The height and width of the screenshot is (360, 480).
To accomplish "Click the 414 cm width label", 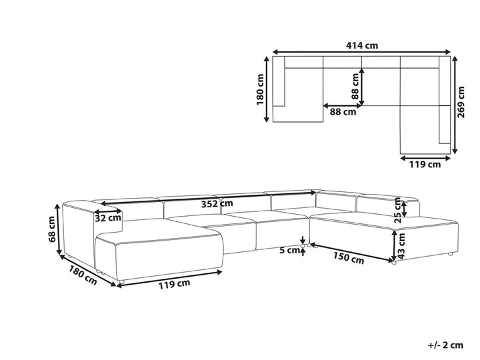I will [x=362, y=45].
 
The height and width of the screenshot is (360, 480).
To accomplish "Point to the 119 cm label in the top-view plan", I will [x=425, y=164].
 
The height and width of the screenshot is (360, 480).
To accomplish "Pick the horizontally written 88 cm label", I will [x=343, y=112].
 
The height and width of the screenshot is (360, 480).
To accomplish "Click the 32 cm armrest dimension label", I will [x=108, y=217].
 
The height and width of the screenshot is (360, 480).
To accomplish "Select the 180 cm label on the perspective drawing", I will [x=82, y=275].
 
